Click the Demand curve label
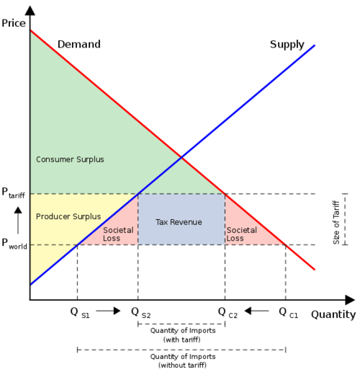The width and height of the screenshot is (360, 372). click(79, 44)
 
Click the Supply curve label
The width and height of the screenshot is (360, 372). click(287, 45)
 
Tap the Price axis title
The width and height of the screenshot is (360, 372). click(14, 23)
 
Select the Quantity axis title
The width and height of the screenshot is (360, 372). click(333, 314)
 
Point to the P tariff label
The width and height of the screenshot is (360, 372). click(13, 193)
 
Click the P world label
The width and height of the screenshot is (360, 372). click(14, 244)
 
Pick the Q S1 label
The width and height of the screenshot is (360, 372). click(80, 313)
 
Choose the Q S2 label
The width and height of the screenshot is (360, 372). click(141, 313)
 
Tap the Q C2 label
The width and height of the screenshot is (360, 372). click(228, 313)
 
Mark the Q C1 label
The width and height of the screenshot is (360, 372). click(289, 313)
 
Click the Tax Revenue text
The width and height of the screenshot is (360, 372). click(179, 222)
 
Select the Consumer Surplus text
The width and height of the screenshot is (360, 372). click(70, 159)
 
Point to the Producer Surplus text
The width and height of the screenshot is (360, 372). click(68, 216)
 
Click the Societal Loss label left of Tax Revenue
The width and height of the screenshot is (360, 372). click(118, 234)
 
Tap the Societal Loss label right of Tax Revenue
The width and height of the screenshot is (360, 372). click(242, 234)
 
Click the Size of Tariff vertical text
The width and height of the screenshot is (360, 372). click(336, 223)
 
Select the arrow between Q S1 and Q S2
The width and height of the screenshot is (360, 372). click(108, 311)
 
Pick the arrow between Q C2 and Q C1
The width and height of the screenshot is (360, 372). click(256, 311)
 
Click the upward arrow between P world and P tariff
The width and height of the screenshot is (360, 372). click(18, 221)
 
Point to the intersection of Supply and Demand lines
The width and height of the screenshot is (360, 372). click(181, 157)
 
